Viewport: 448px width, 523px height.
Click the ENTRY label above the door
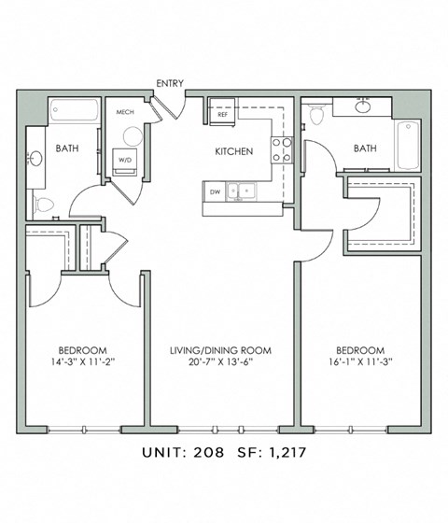(170, 83)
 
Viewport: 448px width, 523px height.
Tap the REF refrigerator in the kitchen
(222, 112)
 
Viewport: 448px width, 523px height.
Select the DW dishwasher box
(215, 191)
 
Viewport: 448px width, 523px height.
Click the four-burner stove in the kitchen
(282, 150)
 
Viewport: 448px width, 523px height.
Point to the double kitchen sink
(242, 191)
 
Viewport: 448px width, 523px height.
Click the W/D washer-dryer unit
(125, 162)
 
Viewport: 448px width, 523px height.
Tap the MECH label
(125, 112)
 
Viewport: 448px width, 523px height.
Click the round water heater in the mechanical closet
(133, 136)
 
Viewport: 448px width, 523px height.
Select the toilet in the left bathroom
(43, 205)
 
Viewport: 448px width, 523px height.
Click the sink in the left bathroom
(35, 158)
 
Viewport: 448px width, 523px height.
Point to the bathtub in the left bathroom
(75, 110)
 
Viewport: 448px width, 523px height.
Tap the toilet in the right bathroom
(316, 114)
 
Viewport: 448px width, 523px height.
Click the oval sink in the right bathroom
(363, 106)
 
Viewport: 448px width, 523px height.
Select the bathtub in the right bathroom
(408, 146)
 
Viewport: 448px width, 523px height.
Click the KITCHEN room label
(234, 151)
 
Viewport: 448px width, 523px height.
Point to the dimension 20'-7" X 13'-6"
(221, 361)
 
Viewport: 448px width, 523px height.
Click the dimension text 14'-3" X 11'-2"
(83, 361)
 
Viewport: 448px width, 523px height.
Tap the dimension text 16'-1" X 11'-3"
(360, 361)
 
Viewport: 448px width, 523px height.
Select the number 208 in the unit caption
(209, 452)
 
